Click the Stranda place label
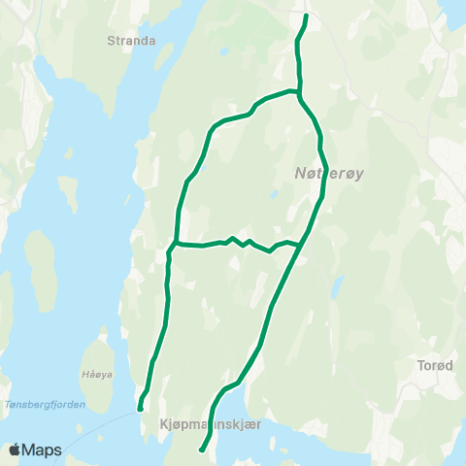click(134, 42)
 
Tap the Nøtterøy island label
click(328, 174)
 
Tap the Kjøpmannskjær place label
click(207, 423)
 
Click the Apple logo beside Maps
click(15, 450)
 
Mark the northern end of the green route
click(306, 17)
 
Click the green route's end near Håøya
click(141, 409)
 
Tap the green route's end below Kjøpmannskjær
click(201, 449)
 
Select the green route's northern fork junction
click(299, 94)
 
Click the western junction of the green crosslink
click(176, 242)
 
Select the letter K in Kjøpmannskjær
click(159, 423)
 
